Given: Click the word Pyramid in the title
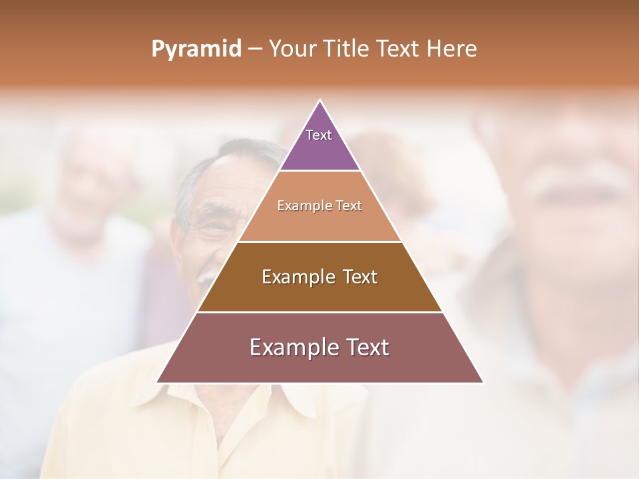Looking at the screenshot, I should [x=196, y=49].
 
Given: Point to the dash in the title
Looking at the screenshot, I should [x=254, y=49].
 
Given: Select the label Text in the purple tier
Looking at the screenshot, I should [x=319, y=135].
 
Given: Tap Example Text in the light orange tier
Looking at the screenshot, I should [x=319, y=206].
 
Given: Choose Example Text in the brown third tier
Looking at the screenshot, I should [x=319, y=277].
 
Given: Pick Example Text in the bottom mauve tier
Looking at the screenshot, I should [x=319, y=347].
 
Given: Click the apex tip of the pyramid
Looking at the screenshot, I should [x=320, y=101].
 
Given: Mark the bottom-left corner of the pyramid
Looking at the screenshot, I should [x=158, y=382].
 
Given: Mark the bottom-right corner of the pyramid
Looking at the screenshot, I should [x=483, y=382].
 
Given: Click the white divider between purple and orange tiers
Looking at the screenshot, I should [x=319, y=171].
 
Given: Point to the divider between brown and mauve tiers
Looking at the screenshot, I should [x=319, y=312].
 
